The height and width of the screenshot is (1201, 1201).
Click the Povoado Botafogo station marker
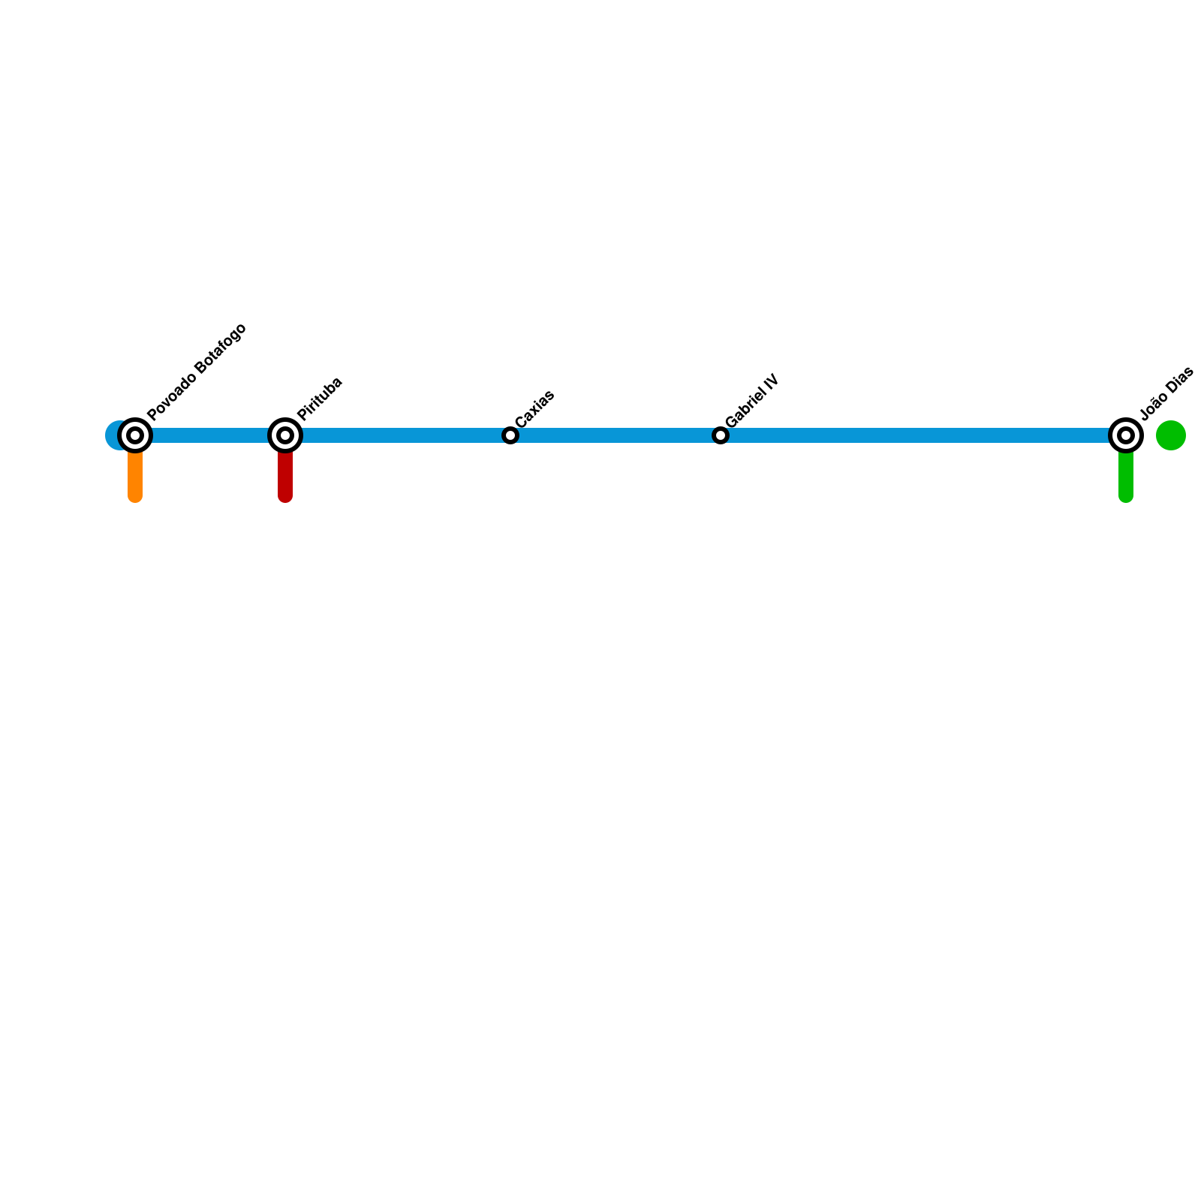tap(135, 435)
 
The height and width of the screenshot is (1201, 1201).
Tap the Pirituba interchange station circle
tap(285, 435)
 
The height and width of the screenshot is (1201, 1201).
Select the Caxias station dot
tap(510, 435)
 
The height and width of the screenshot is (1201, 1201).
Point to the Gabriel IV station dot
tap(721, 435)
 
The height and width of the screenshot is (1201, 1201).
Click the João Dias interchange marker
tap(1126, 435)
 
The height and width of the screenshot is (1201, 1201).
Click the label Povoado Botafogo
tap(197, 372)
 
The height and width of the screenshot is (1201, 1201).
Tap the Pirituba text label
tap(320, 398)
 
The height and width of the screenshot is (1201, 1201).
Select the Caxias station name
tap(535, 408)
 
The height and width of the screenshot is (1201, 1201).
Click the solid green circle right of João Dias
tap(1171, 435)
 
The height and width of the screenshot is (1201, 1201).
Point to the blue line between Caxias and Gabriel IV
tap(616, 435)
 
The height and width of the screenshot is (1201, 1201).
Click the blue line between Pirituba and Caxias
tap(398, 435)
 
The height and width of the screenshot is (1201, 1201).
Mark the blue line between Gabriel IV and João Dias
tap(923, 435)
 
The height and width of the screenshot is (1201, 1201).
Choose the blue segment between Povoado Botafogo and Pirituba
tap(210, 435)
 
